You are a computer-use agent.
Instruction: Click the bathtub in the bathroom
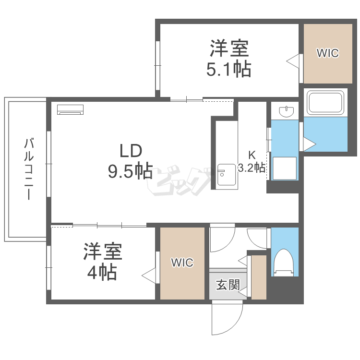325,103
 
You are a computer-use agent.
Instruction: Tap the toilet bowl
285,263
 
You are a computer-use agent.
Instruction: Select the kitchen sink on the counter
227,175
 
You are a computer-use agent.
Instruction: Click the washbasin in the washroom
286,111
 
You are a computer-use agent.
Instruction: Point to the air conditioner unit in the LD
70,109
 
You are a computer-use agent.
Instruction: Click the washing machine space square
285,168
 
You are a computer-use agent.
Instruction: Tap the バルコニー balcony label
29,169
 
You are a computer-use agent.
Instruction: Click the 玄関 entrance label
228,285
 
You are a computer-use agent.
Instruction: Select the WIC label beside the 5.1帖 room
328,53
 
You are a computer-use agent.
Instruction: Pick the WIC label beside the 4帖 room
182,263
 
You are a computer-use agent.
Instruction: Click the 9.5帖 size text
131,171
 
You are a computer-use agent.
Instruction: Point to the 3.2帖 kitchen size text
252,168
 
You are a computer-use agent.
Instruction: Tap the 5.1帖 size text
229,69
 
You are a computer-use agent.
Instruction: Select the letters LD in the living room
131,151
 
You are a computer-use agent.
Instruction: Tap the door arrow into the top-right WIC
293,61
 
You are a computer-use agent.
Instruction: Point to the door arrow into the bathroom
310,144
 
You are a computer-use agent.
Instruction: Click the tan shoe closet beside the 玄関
259,277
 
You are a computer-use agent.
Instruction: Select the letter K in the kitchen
252,155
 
